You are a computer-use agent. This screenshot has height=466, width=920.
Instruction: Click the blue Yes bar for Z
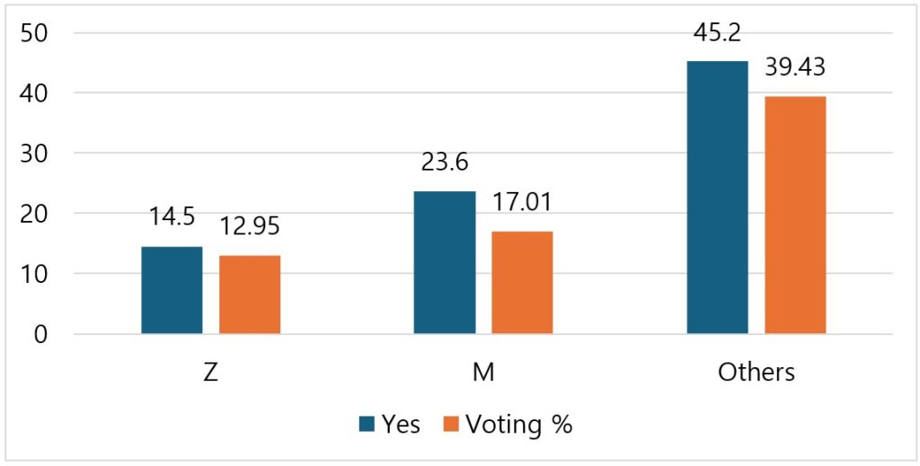click(172, 290)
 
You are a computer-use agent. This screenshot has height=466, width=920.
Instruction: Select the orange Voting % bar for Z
click(250, 295)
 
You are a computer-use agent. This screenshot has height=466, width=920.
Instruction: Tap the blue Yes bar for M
click(445, 262)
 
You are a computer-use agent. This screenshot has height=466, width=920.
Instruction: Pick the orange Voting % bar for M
click(522, 282)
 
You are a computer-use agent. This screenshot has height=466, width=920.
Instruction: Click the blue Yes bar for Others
click(717, 198)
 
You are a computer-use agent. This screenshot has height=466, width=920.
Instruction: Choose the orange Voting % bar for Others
click(795, 215)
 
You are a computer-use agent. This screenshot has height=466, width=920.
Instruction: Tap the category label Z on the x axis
click(210, 372)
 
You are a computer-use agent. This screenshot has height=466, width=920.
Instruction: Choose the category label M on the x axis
click(483, 372)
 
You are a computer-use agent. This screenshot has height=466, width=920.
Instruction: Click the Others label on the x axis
click(756, 372)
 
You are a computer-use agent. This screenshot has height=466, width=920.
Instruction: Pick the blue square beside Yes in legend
click(367, 425)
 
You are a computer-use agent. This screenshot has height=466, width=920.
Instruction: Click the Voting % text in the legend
click(518, 425)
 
